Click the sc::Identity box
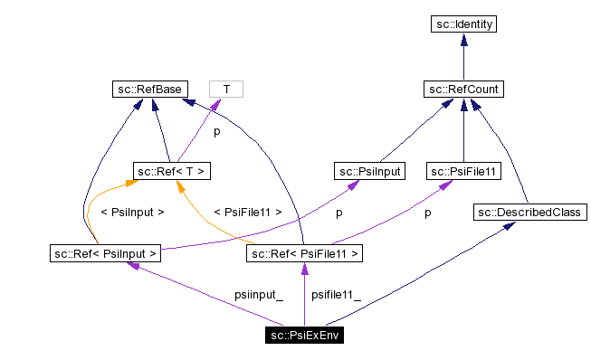pos(463,24)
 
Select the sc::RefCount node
pos(463,89)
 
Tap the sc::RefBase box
pos(148,89)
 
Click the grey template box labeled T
pos(226,89)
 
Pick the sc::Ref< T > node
pos(173,170)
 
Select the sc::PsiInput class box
pos(369,170)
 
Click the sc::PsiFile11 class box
pos(464,170)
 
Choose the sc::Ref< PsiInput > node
pos(105,253)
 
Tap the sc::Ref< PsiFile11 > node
pos(304,253)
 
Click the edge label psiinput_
pos(258,295)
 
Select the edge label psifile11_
pos(336,295)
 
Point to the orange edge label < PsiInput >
pos(132,213)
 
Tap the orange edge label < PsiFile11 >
pos(247,213)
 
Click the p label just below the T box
pos(216,131)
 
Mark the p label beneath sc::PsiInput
pos(338,213)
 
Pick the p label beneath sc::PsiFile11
pos(427,213)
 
